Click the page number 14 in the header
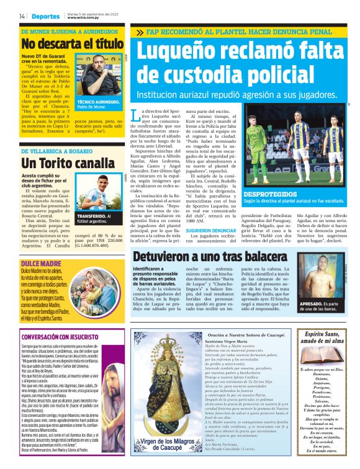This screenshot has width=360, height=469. click(x=22, y=16)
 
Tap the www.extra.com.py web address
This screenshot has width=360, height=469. click(x=84, y=17)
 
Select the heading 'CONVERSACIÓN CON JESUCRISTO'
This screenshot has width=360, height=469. click(x=57, y=337)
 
